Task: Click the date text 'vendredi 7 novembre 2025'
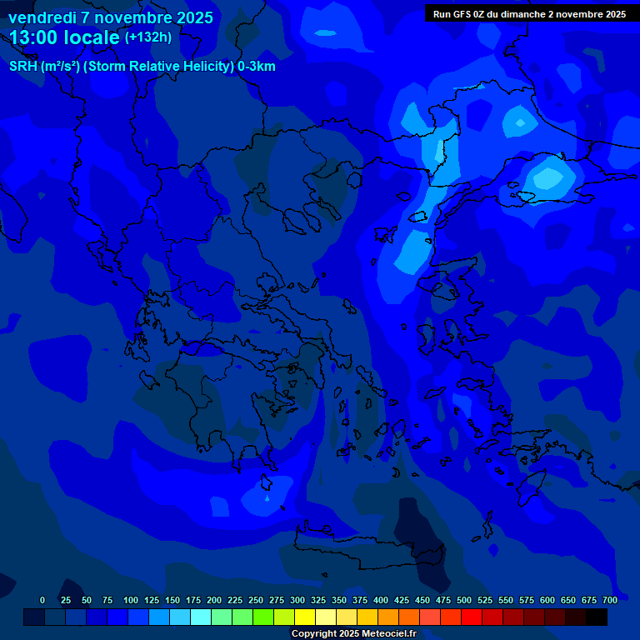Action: pos(110,17)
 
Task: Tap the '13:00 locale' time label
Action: pos(64,37)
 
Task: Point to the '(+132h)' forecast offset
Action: pos(147,37)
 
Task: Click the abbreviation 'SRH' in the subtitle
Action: pos(22,67)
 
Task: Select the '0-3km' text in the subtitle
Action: pos(257,67)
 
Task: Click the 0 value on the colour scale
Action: pos(42,600)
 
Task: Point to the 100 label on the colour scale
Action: pos(131,600)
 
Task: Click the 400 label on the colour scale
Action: pos(381,600)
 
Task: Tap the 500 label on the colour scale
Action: pos(464,600)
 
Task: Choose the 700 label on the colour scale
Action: pos(610,600)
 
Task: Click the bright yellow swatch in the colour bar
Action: pos(305,617)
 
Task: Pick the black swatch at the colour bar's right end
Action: pos(597,617)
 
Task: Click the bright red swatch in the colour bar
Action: pos(472,617)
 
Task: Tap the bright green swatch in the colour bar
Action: pos(263,617)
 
